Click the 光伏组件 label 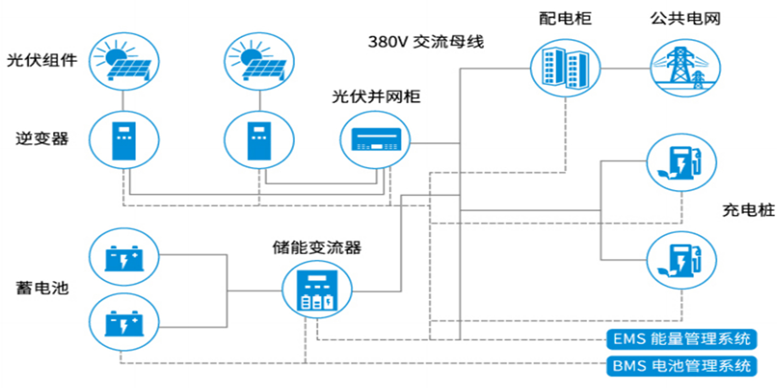pos(42,61)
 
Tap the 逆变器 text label pos(42,139)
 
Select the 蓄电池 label pos(42,288)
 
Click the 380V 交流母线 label pos(426,42)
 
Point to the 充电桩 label pos(748,211)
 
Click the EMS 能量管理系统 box pos(682,339)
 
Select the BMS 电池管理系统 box pos(682,366)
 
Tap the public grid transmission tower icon pos(685,66)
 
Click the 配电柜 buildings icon pos(565,66)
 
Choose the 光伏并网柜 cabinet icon pos(375,139)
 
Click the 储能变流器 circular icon pos(316,290)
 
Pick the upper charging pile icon pos(682,163)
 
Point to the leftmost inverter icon pos(123,139)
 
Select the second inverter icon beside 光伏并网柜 pos(258,139)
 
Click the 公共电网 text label pos(685,19)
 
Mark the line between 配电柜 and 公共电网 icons pos(625,67)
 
